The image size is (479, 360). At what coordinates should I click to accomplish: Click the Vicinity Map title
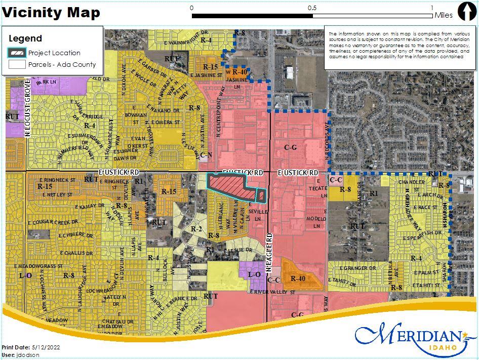tap(52, 12)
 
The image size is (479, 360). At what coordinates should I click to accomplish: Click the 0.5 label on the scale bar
tap(312, 8)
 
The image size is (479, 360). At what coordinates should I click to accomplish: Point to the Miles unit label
tap(444, 15)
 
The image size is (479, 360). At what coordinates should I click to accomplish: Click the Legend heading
tap(25, 38)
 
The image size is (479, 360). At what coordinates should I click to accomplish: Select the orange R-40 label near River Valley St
tap(298, 278)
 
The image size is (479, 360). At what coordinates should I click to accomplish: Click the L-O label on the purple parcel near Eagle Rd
tap(254, 274)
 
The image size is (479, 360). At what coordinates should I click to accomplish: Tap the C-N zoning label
tap(206, 155)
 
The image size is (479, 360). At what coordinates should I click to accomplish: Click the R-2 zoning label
tap(196, 229)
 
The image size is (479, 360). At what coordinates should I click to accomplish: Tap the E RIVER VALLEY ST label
tap(272, 292)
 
